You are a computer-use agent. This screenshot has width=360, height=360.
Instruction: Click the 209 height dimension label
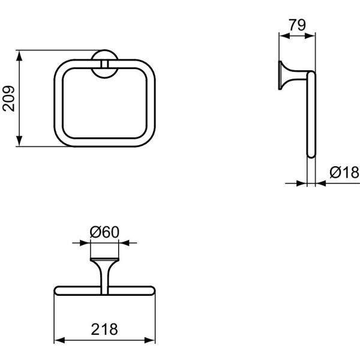tap(8, 98)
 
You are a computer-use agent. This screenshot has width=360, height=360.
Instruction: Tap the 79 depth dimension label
tap(297, 25)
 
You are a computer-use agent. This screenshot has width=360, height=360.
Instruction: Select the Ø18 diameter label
tap(344, 172)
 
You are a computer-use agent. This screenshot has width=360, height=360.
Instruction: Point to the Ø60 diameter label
tap(104, 232)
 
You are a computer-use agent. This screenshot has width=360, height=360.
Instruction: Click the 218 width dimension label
tap(104, 329)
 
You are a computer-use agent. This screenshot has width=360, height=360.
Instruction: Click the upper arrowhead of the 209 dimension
tap(19, 56)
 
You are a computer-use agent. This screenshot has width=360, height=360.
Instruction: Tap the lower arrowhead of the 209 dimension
tap(19, 141)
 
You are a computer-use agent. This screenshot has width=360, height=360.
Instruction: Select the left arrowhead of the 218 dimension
tap(59, 340)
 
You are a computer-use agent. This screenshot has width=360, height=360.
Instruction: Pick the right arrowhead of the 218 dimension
tap(149, 340)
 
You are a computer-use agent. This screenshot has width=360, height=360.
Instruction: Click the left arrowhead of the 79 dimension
tap(284, 36)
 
